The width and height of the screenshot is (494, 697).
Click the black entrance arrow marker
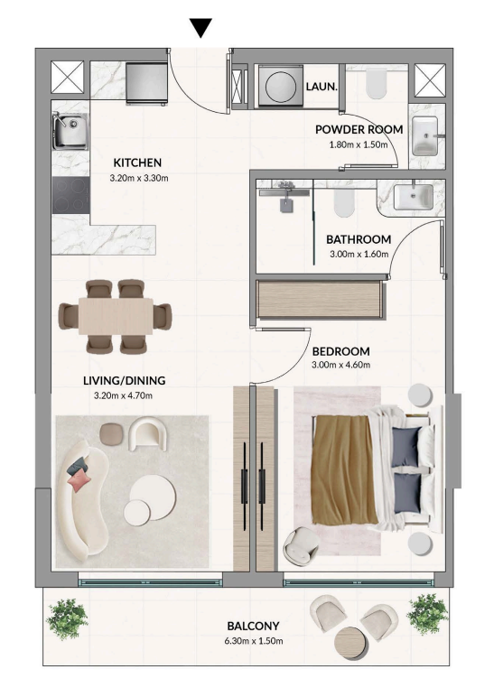click(x=200, y=27)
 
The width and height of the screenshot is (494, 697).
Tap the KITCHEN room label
click(x=137, y=163)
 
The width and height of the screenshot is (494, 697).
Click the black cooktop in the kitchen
click(x=70, y=194)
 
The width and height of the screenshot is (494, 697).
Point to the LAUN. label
click(x=322, y=88)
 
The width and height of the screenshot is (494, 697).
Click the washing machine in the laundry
click(x=276, y=87)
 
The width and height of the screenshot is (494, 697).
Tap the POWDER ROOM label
click(x=359, y=129)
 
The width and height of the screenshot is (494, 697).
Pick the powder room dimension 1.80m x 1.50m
click(x=359, y=144)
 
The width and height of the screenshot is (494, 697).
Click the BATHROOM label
click(x=359, y=239)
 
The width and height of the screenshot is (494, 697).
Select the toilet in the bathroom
click(x=344, y=204)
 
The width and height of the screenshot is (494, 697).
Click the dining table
click(x=115, y=317)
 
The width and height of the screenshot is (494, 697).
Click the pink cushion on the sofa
click(x=79, y=480)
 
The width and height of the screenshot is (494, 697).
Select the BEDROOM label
click(x=341, y=350)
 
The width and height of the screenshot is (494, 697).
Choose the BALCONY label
click(x=254, y=626)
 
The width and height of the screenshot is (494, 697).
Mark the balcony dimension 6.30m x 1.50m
click(x=254, y=641)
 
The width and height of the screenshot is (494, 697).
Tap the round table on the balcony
click(x=351, y=643)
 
